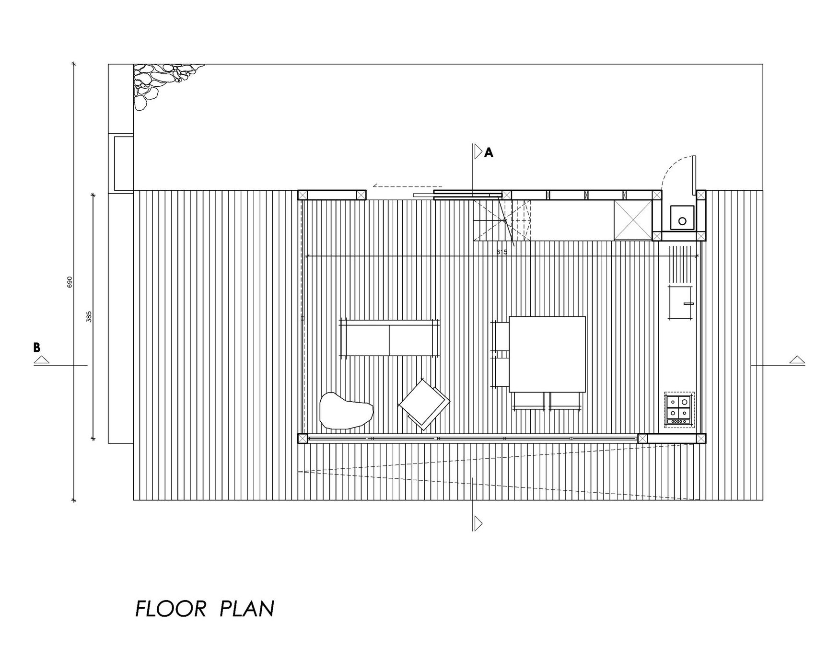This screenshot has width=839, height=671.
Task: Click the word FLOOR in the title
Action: pos(171,609)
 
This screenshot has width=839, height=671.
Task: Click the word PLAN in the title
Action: pos(247,609)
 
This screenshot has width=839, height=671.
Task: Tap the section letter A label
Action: pos(489,153)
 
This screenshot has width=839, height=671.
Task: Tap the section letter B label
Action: pos(37,347)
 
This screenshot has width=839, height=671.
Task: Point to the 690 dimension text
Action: pos(70,282)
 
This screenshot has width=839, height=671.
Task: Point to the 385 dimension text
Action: pos(89,316)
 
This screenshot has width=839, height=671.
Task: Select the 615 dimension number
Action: pos(502,252)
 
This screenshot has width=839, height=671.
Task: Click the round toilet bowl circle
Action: pos(682,221)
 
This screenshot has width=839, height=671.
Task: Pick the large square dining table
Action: pos(548,354)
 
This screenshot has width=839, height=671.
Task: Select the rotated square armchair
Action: pos(424,404)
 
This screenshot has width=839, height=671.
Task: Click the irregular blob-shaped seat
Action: pos(346,410)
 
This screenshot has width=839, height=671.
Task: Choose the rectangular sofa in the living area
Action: pos(389,337)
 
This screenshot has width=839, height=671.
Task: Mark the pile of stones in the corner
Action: pos(163,84)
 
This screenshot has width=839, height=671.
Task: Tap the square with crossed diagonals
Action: pos(633,220)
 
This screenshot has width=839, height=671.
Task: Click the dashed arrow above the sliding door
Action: pos(408,185)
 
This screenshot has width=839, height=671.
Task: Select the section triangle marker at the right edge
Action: pos(797,360)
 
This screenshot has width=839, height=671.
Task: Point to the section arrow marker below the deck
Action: pos(478,523)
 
